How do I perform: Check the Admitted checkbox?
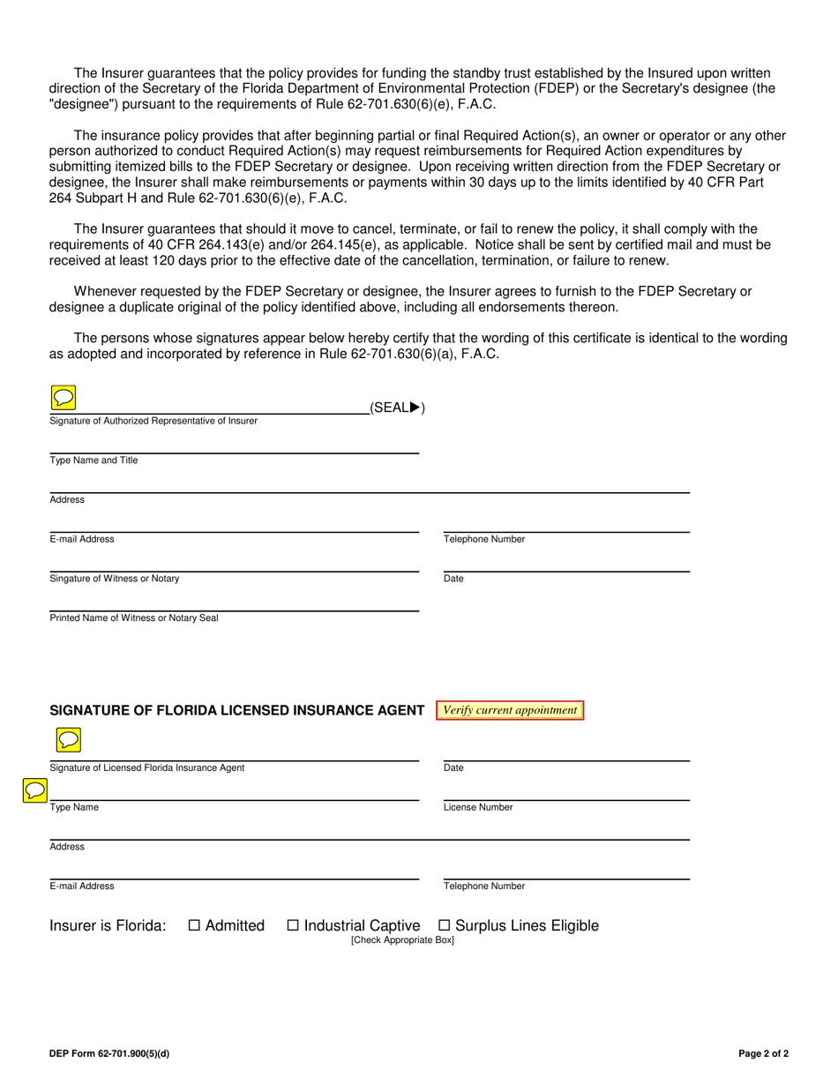pos(195,925)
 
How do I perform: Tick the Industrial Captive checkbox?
pos(294,925)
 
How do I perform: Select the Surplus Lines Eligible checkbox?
pos(445,925)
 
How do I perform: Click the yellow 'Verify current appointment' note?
pos(510,710)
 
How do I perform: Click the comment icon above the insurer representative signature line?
pos(64,398)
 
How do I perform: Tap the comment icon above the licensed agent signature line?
pos(68,738)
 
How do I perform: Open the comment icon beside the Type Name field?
pos(34,790)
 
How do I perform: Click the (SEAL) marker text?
pos(397,408)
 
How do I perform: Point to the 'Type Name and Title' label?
pos(94,460)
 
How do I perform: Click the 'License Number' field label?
pos(478,807)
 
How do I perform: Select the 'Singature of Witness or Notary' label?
pos(115,579)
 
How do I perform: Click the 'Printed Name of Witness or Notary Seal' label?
pos(134,617)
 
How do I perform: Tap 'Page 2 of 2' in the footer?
pos(764,1053)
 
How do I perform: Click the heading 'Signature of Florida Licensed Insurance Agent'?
pos(237,711)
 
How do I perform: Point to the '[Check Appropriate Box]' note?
pos(402,940)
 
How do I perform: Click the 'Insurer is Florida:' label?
pos(108,925)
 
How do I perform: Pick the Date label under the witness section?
pos(453,579)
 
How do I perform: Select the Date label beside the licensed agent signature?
pos(453,767)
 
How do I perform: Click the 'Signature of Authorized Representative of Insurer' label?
pos(153,421)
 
